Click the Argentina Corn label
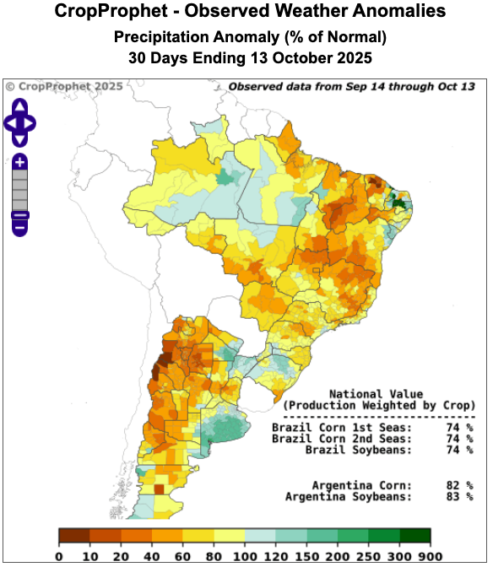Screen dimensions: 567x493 pyautogui.click(x=361, y=485)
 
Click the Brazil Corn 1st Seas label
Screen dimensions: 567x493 pyautogui.click(x=342, y=428)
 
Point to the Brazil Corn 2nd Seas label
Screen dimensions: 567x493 pyautogui.click(x=342, y=439)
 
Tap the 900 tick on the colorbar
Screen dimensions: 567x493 pyautogui.click(x=430, y=556)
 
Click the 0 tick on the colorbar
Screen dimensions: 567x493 pyautogui.click(x=59, y=556)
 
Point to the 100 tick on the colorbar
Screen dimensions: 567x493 pyautogui.click(x=244, y=556)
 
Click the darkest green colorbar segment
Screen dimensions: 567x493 pyautogui.click(x=414, y=536)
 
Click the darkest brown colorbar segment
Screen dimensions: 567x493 pyautogui.click(x=74, y=536)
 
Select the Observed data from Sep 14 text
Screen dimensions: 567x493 pyautogui.click(x=351, y=86)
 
